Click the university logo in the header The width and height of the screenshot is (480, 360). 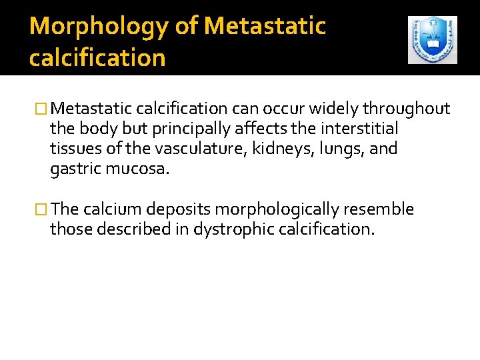tap(432, 40)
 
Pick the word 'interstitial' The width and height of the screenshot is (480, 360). tap(359, 129)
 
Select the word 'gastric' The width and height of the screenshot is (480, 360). tap(75, 169)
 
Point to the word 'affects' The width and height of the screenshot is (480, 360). tap(254, 129)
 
